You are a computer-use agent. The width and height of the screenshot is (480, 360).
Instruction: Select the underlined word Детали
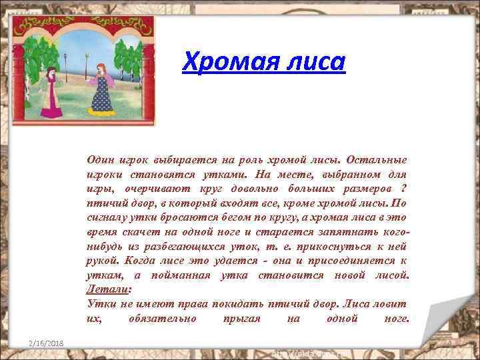coord(107,290)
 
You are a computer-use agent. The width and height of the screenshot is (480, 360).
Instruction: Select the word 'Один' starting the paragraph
coord(100,159)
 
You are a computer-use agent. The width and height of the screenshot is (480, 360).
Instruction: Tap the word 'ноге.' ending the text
coord(397,319)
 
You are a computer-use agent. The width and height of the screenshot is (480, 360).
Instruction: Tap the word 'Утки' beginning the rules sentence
coord(100,305)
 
